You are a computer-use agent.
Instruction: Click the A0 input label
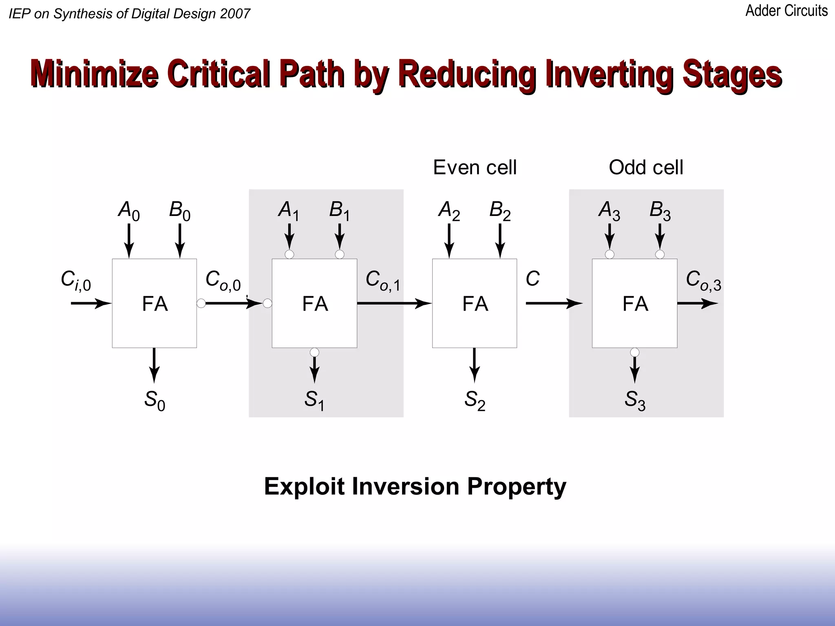click(129, 211)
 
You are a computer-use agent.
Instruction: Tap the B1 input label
click(339, 211)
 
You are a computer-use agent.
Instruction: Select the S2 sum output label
click(475, 400)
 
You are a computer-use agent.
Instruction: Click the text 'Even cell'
click(475, 167)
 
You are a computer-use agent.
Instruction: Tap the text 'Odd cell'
click(646, 167)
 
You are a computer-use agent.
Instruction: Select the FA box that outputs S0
click(155, 303)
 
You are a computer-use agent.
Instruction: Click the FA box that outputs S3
click(634, 303)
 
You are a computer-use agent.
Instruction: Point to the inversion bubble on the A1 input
click(289, 255)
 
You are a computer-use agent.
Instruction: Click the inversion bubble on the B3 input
click(660, 255)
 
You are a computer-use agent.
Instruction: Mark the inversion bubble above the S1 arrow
click(314, 352)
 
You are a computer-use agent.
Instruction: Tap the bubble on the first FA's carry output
click(201, 303)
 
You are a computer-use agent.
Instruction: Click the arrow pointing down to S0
click(154, 365)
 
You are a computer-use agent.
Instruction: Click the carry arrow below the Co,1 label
click(394, 303)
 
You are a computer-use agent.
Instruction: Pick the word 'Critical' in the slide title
click(218, 73)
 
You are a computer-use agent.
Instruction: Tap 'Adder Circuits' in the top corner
click(786, 11)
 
